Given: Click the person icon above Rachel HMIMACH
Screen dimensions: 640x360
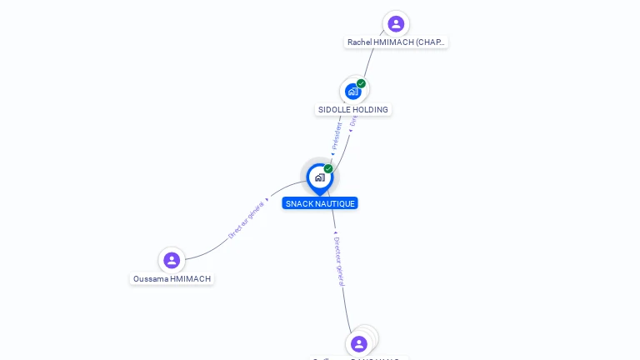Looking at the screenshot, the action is (396, 23).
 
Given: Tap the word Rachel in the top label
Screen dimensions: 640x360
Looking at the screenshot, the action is (360, 42).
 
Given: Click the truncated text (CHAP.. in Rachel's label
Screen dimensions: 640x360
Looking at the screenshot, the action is (430, 42).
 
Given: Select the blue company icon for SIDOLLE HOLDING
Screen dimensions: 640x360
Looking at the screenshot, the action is (352, 92).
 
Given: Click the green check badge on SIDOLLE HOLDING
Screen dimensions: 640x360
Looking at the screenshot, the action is (362, 83).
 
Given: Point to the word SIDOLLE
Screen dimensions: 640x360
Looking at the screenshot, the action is (335, 110).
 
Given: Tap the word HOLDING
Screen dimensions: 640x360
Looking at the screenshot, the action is (371, 110).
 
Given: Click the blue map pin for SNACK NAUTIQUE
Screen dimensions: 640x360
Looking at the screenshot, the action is (319, 178).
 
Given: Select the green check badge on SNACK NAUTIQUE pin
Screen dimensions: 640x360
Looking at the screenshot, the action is (328, 168).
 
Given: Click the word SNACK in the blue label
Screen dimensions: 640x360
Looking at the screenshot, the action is (298, 203).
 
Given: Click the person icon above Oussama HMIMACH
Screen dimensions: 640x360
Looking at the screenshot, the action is (172, 260).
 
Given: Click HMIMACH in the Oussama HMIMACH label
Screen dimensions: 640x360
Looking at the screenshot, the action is (192, 279).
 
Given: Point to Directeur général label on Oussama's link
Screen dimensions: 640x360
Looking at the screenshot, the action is (247, 219).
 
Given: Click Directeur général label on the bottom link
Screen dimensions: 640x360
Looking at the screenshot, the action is (337, 261).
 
